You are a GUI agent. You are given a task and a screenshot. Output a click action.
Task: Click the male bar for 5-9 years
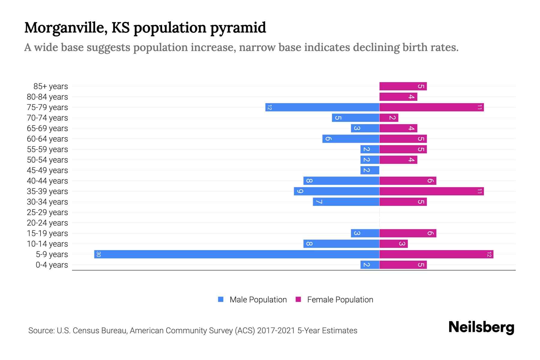[237, 254]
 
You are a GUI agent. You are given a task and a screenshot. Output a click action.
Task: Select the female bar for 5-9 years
[436, 254]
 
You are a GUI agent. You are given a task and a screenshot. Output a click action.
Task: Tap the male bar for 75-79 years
[322, 107]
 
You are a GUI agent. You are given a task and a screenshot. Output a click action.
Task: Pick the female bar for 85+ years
[403, 86]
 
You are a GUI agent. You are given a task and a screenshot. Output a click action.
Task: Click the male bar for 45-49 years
[370, 170]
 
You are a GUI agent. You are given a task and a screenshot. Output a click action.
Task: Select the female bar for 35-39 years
[431, 191]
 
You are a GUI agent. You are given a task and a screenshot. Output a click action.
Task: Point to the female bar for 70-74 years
[389, 118]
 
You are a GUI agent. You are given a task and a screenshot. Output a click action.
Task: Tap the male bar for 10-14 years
[341, 244]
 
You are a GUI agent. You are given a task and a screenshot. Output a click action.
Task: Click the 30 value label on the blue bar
[98, 254]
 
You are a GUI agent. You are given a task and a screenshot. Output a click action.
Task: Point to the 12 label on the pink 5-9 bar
[489, 254]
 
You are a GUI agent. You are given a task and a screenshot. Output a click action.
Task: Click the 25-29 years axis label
[47, 212]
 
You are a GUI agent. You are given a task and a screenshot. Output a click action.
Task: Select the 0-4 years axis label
[52, 265]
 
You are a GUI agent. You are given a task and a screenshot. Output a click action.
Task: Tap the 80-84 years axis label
[47, 97]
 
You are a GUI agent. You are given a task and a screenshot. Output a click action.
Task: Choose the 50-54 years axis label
[47, 160]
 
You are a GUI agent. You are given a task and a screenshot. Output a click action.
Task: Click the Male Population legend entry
[258, 300]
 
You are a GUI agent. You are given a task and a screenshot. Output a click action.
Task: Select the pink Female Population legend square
[298, 299]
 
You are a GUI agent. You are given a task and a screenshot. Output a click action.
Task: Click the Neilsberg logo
[481, 327]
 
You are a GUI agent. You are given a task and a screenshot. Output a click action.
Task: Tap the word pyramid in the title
[238, 28]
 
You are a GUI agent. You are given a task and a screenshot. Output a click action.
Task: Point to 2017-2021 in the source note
[276, 331]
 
